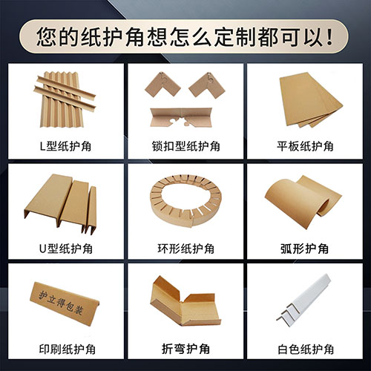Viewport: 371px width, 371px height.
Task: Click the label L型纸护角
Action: point(65,146)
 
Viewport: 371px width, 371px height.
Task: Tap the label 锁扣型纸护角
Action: point(185,146)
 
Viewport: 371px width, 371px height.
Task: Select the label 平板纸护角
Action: point(305,146)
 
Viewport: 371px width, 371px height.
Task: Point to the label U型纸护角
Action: point(66,249)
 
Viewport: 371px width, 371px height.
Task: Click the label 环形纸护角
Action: point(185,249)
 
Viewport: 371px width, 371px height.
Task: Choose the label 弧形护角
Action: point(304,249)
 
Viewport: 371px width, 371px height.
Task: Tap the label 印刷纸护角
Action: point(68,349)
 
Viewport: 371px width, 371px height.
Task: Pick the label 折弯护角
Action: point(185,349)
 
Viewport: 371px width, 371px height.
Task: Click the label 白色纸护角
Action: point(306,349)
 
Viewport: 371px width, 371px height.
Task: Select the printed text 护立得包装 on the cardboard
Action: point(61,303)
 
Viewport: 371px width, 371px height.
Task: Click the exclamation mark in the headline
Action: point(329,38)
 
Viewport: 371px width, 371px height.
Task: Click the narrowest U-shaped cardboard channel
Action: point(91,210)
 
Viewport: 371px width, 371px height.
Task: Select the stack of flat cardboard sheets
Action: point(310,99)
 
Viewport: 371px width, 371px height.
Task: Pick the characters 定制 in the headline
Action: point(235,38)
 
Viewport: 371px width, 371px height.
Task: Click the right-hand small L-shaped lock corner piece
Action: point(207,85)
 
